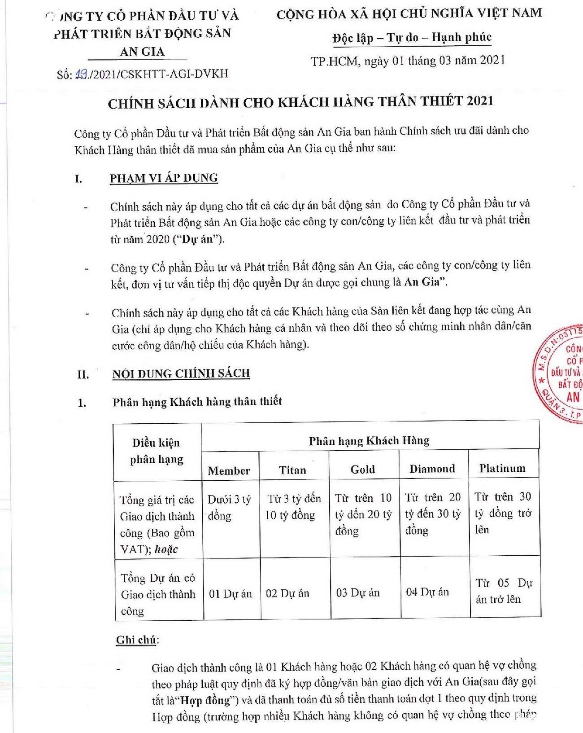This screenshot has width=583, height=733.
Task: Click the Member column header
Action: [x=229, y=470]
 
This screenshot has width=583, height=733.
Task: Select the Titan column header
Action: [x=292, y=470]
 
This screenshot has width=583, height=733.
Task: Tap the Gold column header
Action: [x=362, y=470]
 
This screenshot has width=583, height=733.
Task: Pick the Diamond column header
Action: [x=432, y=469]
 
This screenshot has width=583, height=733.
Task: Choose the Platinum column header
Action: [x=502, y=468]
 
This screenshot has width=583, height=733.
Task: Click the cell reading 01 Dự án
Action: [x=231, y=594]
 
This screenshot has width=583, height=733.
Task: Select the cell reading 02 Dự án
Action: [x=287, y=593]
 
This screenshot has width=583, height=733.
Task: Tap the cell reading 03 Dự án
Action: [x=358, y=593]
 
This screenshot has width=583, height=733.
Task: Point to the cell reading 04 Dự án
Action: [x=427, y=592]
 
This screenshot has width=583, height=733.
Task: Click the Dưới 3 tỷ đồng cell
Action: [x=229, y=507]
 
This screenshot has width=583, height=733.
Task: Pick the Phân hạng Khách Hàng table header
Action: [x=369, y=440]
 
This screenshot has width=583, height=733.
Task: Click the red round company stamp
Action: [x=561, y=373]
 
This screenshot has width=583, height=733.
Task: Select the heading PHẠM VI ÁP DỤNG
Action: [x=164, y=178]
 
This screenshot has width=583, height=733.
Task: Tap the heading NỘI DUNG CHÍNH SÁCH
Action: [x=181, y=373]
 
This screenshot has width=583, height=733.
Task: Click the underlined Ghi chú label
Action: [x=136, y=640]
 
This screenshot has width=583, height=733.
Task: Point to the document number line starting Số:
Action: [x=142, y=74]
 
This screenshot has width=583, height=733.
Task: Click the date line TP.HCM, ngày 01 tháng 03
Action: [x=408, y=61]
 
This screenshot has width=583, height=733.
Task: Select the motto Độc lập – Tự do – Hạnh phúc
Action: [x=412, y=38]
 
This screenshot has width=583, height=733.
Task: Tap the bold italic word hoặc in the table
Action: [x=166, y=549]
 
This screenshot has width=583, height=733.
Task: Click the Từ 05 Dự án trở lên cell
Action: [x=503, y=591]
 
